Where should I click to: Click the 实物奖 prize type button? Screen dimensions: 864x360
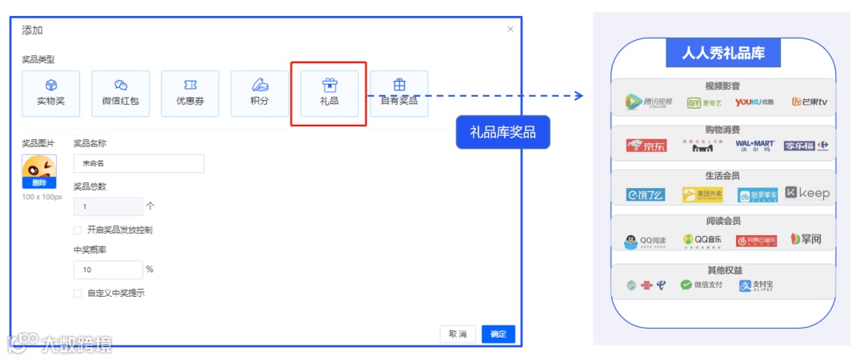pyautogui.click(x=50, y=94)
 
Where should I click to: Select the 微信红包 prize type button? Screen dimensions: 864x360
pyautogui.click(x=120, y=94)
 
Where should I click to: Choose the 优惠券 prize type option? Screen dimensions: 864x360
pyautogui.click(x=190, y=94)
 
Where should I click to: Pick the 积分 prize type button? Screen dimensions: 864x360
pyautogui.click(x=259, y=94)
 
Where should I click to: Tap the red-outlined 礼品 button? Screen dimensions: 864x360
pyautogui.click(x=329, y=94)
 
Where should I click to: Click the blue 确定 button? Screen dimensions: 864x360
pyautogui.click(x=498, y=334)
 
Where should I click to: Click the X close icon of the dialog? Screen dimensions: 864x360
pyautogui.click(x=510, y=30)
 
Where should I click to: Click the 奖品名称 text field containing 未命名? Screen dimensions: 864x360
pyautogui.click(x=138, y=163)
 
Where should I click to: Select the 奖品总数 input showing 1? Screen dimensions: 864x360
pyautogui.click(x=108, y=206)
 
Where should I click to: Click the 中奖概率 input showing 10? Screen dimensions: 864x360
pyautogui.click(x=108, y=270)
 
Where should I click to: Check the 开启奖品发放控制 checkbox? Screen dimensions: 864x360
pyautogui.click(x=78, y=230)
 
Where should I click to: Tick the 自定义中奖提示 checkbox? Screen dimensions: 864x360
pyautogui.click(x=78, y=294)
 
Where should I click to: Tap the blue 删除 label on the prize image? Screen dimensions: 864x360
pyautogui.click(x=38, y=183)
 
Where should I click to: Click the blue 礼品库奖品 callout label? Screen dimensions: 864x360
pyautogui.click(x=503, y=133)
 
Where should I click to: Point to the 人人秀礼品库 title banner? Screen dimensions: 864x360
pyautogui.click(x=723, y=54)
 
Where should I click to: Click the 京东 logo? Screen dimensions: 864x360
pyautogui.click(x=646, y=146)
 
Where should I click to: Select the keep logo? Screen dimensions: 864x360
pyautogui.click(x=807, y=193)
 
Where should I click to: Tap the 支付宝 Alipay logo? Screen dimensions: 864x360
pyautogui.click(x=756, y=286)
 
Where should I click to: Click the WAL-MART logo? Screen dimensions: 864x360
pyautogui.click(x=755, y=146)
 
